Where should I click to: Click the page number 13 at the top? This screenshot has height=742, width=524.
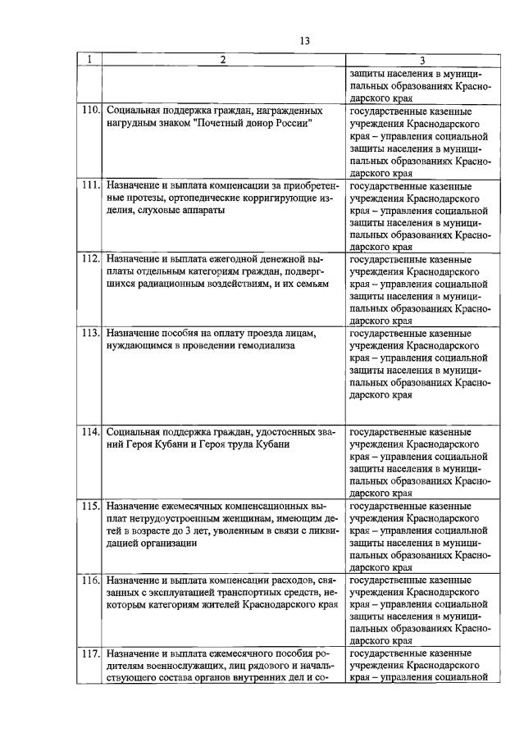(304, 40)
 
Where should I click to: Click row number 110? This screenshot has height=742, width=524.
(90, 109)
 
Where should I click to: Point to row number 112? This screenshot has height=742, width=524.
(90, 259)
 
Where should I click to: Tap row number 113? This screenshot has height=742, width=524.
(90, 334)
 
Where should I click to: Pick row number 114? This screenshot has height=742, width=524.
(90, 431)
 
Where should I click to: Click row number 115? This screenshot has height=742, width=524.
(90, 507)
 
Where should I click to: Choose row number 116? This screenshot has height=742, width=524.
(90, 580)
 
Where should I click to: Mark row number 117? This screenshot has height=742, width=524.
(90, 653)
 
